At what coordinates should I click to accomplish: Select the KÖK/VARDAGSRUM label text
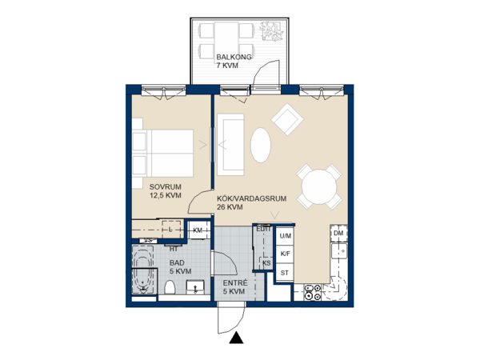point(252,198)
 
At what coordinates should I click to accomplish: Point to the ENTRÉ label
point(234,283)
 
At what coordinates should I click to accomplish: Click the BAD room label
point(178,263)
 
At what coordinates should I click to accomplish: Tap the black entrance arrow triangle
point(236,338)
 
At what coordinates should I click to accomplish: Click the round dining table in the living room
point(319,187)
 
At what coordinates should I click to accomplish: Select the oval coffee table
point(261,145)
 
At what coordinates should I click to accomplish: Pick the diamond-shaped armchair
point(287,119)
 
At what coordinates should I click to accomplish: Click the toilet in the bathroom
point(170,287)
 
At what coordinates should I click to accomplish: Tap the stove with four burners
point(312,292)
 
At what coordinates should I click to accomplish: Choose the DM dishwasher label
point(338,234)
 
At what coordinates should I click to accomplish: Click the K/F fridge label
point(286,254)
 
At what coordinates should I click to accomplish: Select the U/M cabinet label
point(286,236)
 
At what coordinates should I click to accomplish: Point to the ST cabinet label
point(284,273)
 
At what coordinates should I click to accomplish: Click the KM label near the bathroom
point(198,230)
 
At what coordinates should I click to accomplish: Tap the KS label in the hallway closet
point(266,263)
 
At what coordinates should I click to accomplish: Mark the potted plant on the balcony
point(271,31)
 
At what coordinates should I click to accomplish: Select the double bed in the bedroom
point(163,153)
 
